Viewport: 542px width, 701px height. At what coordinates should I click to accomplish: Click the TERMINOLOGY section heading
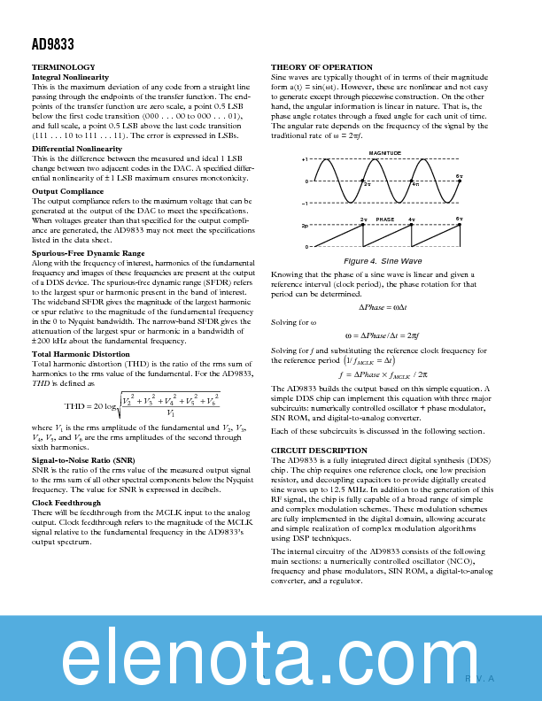coord(64,67)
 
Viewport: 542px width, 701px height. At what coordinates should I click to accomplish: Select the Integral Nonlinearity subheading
coord(70,77)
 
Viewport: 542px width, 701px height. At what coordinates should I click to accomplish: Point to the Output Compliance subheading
coord(67,191)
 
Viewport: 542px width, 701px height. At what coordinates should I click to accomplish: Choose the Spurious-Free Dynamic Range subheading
coord(88,253)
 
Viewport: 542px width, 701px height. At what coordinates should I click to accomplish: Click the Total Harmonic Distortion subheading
coord(81,354)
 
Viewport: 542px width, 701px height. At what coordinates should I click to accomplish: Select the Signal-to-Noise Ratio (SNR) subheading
coord(83,461)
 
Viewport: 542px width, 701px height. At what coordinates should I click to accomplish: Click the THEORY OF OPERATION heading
coord(321,67)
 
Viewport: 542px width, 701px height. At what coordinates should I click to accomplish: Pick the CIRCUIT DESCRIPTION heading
coord(319,451)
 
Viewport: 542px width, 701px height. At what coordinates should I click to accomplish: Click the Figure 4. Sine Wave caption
coord(383,261)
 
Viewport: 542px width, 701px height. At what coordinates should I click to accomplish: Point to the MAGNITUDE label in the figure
coord(384,153)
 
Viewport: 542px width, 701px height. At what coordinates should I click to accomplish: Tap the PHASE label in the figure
coord(384,219)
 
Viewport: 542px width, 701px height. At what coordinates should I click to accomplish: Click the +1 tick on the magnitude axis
coord(305,160)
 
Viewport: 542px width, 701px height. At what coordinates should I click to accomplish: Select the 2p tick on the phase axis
coord(305,227)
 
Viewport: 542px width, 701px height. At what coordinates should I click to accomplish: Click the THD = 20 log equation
coord(142,406)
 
